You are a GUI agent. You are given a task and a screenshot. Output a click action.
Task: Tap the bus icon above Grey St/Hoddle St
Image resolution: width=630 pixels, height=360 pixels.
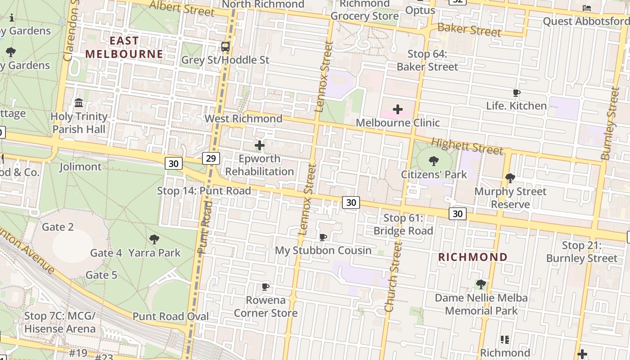[x=225, y=47]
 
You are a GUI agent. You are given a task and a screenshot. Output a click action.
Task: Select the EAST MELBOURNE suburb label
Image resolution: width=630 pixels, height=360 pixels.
[x=124, y=47]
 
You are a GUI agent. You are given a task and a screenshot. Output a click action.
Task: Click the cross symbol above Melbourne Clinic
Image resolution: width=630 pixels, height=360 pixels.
[x=398, y=109]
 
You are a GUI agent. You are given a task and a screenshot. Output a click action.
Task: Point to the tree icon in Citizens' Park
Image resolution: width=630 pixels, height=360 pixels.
[x=434, y=161]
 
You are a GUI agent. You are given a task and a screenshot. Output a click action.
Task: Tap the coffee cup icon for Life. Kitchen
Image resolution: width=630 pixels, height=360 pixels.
[x=517, y=93]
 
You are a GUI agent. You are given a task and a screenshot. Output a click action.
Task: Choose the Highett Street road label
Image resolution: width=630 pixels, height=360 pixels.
[x=467, y=146]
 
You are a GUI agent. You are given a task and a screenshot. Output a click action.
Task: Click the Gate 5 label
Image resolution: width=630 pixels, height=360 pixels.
[x=101, y=275]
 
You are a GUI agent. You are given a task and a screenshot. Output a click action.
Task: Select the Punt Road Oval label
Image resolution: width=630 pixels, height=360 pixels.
[x=171, y=316]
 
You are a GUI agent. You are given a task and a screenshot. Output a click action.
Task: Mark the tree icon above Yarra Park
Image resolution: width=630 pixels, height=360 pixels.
[x=154, y=239]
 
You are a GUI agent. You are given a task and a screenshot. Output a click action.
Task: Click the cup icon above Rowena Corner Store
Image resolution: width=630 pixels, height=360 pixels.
[x=265, y=287]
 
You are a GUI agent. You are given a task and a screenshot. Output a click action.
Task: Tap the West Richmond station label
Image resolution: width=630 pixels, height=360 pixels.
[x=243, y=119]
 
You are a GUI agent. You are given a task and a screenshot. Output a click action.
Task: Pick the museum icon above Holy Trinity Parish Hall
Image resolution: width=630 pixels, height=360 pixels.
[x=79, y=103]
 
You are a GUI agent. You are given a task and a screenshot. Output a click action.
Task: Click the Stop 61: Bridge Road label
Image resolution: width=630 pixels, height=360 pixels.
[x=403, y=225]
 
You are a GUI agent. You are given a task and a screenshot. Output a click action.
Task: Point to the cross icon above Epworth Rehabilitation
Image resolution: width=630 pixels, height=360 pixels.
[x=260, y=145]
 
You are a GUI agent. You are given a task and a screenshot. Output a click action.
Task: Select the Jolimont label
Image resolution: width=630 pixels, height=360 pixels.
[x=81, y=167]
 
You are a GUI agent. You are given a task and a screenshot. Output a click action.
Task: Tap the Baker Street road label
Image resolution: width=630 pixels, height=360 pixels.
[x=469, y=30]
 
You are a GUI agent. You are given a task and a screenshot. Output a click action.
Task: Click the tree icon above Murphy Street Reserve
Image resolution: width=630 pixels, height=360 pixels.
[x=510, y=178]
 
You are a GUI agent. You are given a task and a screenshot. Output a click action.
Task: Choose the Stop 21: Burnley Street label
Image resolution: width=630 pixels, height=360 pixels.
[x=581, y=252]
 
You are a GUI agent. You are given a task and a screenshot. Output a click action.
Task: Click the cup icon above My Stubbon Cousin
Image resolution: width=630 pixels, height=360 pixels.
[x=323, y=237]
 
